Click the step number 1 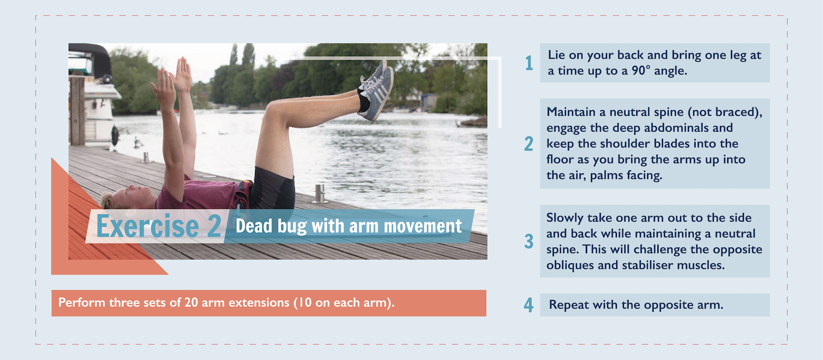[x=529, y=63]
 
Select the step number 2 [x=529, y=144]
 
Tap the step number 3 [x=529, y=241]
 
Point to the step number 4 [x=529, y=305]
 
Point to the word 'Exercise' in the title [x=148, y=226]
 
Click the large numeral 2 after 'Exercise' [x=214, y=226]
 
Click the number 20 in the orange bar [x=191, y=302]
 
